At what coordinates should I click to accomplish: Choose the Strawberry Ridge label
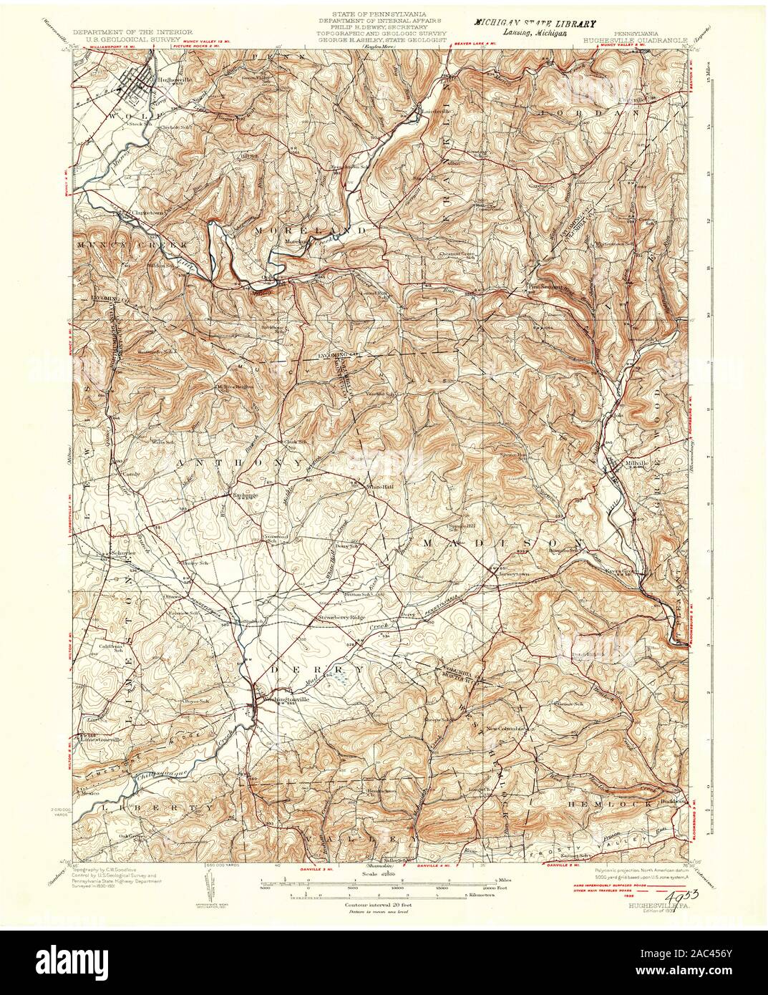coord(341,617)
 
